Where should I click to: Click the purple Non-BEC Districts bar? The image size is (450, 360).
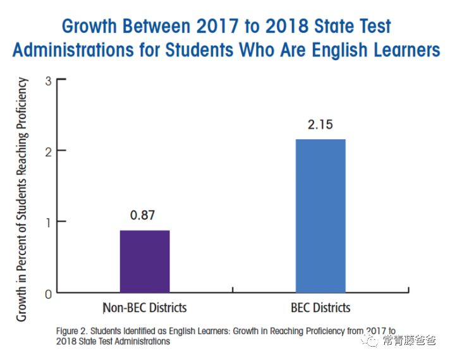145,261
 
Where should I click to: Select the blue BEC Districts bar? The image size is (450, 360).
320,216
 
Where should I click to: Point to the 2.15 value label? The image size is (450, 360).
320,124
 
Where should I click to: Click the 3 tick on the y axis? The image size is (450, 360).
48,80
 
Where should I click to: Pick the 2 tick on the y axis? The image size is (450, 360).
48,151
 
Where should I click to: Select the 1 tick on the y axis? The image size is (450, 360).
48,221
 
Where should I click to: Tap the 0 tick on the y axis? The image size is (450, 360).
48,293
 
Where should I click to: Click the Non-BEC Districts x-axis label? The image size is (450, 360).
145,308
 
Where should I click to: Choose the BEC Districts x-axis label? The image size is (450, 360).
320,308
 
